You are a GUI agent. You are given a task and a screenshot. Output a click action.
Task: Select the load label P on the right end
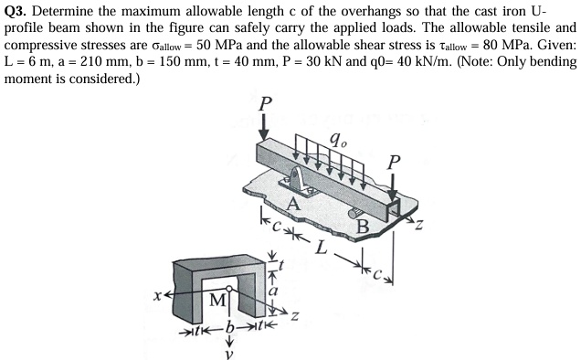tap(394, 162)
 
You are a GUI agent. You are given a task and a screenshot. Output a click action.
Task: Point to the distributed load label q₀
tap(337, 142)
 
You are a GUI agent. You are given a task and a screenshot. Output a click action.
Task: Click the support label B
tap(363, 224)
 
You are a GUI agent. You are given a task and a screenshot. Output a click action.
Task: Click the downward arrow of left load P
tap(264, 127)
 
